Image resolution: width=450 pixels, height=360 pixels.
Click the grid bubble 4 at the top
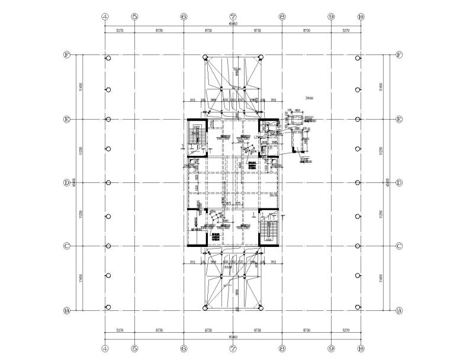105,17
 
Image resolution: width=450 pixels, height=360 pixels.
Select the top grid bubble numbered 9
332,17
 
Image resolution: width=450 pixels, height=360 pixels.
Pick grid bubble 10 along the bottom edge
361,349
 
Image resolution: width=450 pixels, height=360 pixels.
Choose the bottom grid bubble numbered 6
184,349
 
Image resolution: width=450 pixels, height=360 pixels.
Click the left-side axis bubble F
67,55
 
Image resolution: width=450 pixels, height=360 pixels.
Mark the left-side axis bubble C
67,246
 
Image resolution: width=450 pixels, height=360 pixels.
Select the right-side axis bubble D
398,182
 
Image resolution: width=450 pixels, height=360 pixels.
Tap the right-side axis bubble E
398,119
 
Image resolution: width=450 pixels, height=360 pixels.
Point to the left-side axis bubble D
67,182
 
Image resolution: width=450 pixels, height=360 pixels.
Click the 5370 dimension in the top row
120,30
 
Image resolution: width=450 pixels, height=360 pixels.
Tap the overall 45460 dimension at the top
233,24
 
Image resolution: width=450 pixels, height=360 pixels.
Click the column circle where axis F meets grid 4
108,58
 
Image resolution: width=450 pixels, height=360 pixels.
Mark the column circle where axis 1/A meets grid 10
358,307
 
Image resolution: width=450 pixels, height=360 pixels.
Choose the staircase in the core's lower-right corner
270,230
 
